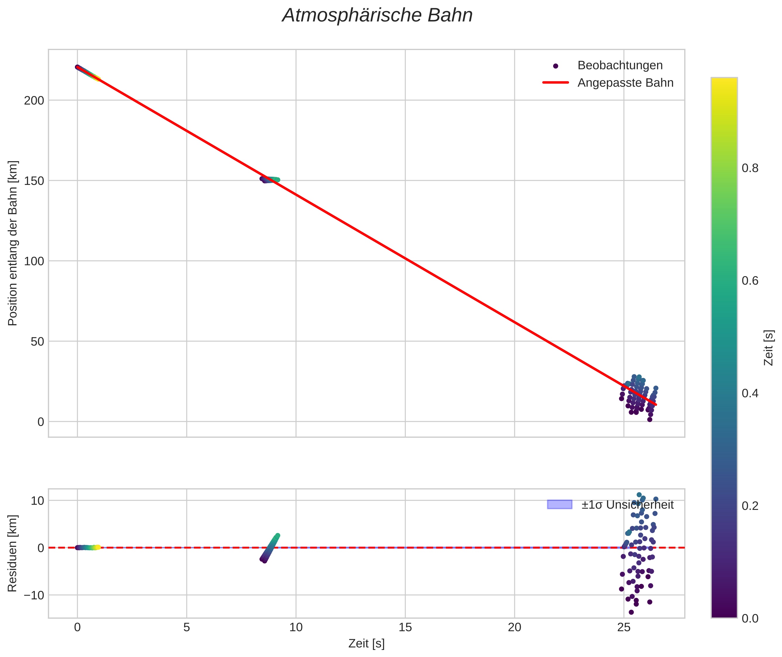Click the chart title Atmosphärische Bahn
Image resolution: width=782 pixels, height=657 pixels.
coord(377,16)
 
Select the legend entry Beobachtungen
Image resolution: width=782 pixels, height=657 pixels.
coord(620,65)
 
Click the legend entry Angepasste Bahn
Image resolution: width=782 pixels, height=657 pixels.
coord(625,83)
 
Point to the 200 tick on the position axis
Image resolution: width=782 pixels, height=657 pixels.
coord(34,101)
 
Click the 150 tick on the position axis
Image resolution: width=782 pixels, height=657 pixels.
coord(34,181)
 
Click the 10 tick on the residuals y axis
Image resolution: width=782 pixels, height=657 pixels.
coord(37,501)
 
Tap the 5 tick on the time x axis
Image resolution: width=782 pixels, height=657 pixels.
coord(187,627)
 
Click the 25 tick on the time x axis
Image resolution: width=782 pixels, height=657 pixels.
coord(624,627)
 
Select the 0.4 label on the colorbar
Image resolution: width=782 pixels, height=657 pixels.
coord(750,393)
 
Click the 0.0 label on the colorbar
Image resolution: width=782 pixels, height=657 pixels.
coord(750,618)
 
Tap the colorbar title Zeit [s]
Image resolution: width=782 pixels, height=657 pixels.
coord(769,348)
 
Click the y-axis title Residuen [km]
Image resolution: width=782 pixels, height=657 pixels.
coord(12,553)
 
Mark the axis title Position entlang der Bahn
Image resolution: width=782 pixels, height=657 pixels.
coord(12,243)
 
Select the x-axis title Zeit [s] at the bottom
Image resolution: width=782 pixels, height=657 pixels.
coord(366,644)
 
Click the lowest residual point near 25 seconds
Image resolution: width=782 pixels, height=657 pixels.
coord(631,612)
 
